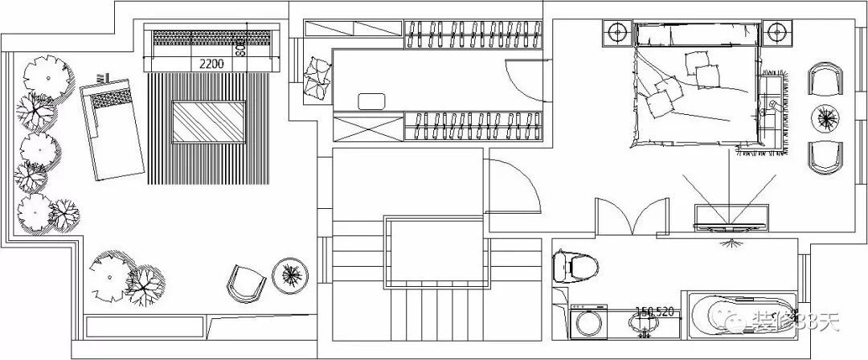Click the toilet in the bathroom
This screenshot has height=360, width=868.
tap(576, 266)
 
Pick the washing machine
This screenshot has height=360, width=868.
tap(587, 324)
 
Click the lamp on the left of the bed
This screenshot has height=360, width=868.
tap(616, 33)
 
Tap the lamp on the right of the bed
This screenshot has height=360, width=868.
tap(776, 33)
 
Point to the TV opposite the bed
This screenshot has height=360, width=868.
tap(729, 217)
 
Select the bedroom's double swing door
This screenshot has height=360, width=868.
tap(632, 215)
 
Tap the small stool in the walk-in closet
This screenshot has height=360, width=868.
tap(371, 100)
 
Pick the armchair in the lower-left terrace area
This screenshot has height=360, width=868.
tap(245, 283)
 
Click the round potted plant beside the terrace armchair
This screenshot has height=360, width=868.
tap(290, 273)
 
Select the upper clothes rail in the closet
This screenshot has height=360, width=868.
tap(471, 34)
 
